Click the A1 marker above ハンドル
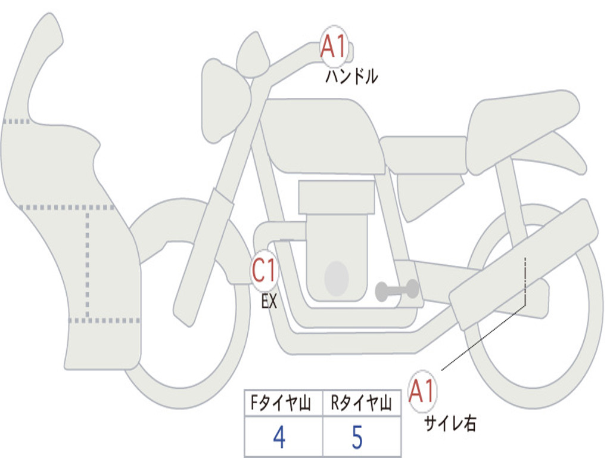point(334,47)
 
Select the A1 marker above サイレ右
point(422,391)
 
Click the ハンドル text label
point(351,76)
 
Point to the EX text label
point(269,301)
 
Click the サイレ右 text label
point(450,423)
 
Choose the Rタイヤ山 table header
point(362,404)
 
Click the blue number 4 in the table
point(279,438)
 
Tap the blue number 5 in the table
point(357,438)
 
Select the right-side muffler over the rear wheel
point(524,262)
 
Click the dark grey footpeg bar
point(397,290)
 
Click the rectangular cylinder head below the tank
point(337,197)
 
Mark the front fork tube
point(206,250)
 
